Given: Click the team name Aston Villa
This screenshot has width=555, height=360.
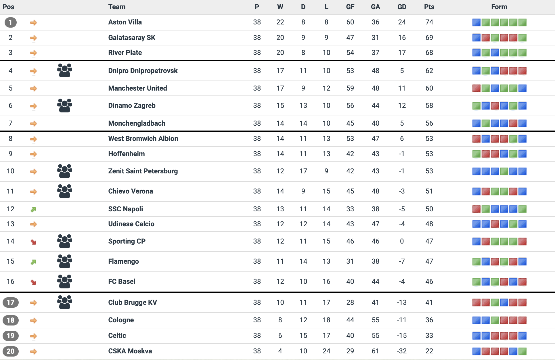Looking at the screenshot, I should pyautogui.click(x=125, y=22).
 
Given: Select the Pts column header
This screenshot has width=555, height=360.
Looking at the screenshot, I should pyautogui.click(x=429, y=7).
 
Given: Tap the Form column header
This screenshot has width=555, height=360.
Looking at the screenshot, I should pyautogui.click(x=499, y=7).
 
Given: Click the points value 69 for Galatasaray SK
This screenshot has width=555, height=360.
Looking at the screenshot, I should pyautogui.click(x=429, y=38).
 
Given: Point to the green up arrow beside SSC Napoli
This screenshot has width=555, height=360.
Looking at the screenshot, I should pyautogui.click(x=33, y=209).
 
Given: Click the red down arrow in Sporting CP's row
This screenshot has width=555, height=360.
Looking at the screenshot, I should pyautogui.click(x=33, y=242).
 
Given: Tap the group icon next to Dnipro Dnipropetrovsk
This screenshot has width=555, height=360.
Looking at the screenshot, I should pyautogui.click(x=64, y=70).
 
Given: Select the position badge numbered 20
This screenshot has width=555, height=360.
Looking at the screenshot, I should pyautogui.click(x=10, y=351).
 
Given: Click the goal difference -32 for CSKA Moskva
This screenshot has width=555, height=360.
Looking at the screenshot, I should pyautogui.click(x=401, y=351).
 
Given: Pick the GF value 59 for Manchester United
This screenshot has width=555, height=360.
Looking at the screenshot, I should pyautogui.click(x=350, y=88).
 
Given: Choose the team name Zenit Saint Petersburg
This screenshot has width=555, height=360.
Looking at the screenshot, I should pyautogui.click(x=143, y=171).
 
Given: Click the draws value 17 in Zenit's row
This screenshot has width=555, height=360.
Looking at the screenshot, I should pyautogui.click(x=303, y=171).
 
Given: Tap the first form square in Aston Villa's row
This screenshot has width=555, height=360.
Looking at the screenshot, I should pyautogui.click(x=476, y=22).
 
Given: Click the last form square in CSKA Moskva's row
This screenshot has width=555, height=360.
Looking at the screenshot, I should pyautogui.click(x=523, y=351).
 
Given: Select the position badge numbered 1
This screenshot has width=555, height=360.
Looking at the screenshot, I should pyautogui.click(x=10, y=22).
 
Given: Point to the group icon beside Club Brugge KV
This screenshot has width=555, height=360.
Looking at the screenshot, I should pyautogui.click(x=64, y=302).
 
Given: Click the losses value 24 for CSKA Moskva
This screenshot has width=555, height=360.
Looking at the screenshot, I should pyautogui.click(x=326, y=351).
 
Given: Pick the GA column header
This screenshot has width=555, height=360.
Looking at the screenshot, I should pyautogui.click(x=375, y=7).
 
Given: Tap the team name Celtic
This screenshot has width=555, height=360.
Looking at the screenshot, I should pyautogui.click(x=117, y=336).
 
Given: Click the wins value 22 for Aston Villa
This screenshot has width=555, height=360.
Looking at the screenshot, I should pyautogui.click(x=280, y=22).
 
